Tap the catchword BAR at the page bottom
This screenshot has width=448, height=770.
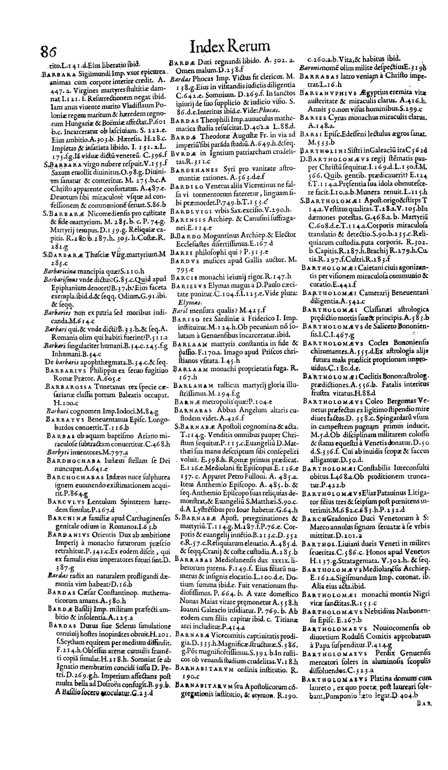pos(433,758)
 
